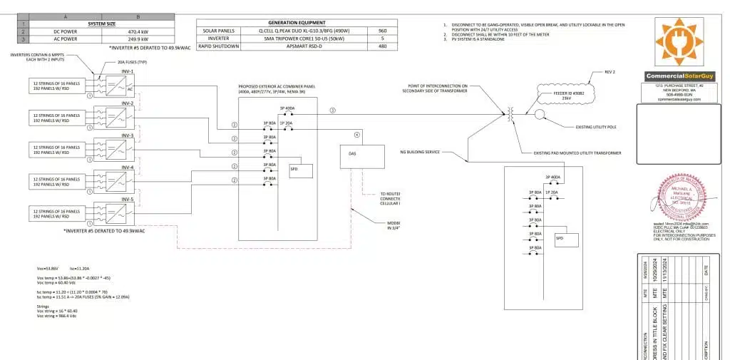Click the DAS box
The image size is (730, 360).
[x=352, y=155]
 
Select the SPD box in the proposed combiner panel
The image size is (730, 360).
[x=293, y=169]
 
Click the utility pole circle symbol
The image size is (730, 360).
[x=540, y=115]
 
